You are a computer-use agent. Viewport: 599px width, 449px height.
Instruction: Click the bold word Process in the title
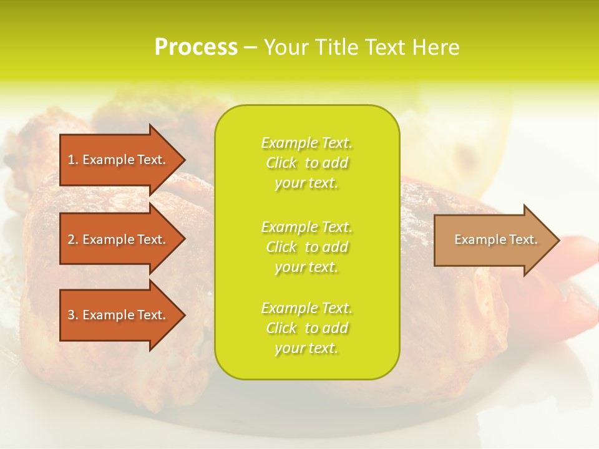(196, 47)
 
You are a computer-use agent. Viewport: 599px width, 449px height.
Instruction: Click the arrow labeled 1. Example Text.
(119, 160)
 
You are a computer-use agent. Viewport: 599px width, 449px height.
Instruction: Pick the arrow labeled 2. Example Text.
(119, 239)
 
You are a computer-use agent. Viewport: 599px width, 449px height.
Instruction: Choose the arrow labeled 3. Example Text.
(119, 315)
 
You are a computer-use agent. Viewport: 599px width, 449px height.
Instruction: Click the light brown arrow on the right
(493, 239)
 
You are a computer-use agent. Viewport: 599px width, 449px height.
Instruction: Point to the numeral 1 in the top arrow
(71, 160)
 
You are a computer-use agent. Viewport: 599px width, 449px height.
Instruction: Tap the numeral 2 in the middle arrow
(71, 239)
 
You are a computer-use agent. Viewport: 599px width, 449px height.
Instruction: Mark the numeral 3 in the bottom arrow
(71, 315)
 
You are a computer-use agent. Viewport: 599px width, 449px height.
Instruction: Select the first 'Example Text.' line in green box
(306, 143)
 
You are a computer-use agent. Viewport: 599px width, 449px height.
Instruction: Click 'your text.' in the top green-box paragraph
(306, 183)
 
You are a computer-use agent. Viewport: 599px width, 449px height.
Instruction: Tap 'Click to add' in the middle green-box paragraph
(306, 247)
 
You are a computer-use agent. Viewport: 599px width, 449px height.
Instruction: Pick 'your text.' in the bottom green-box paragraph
(306, 349)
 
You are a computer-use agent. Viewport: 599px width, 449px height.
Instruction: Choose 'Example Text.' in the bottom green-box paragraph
(306, 308)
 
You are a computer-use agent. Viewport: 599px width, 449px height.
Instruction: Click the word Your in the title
(286, 47)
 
